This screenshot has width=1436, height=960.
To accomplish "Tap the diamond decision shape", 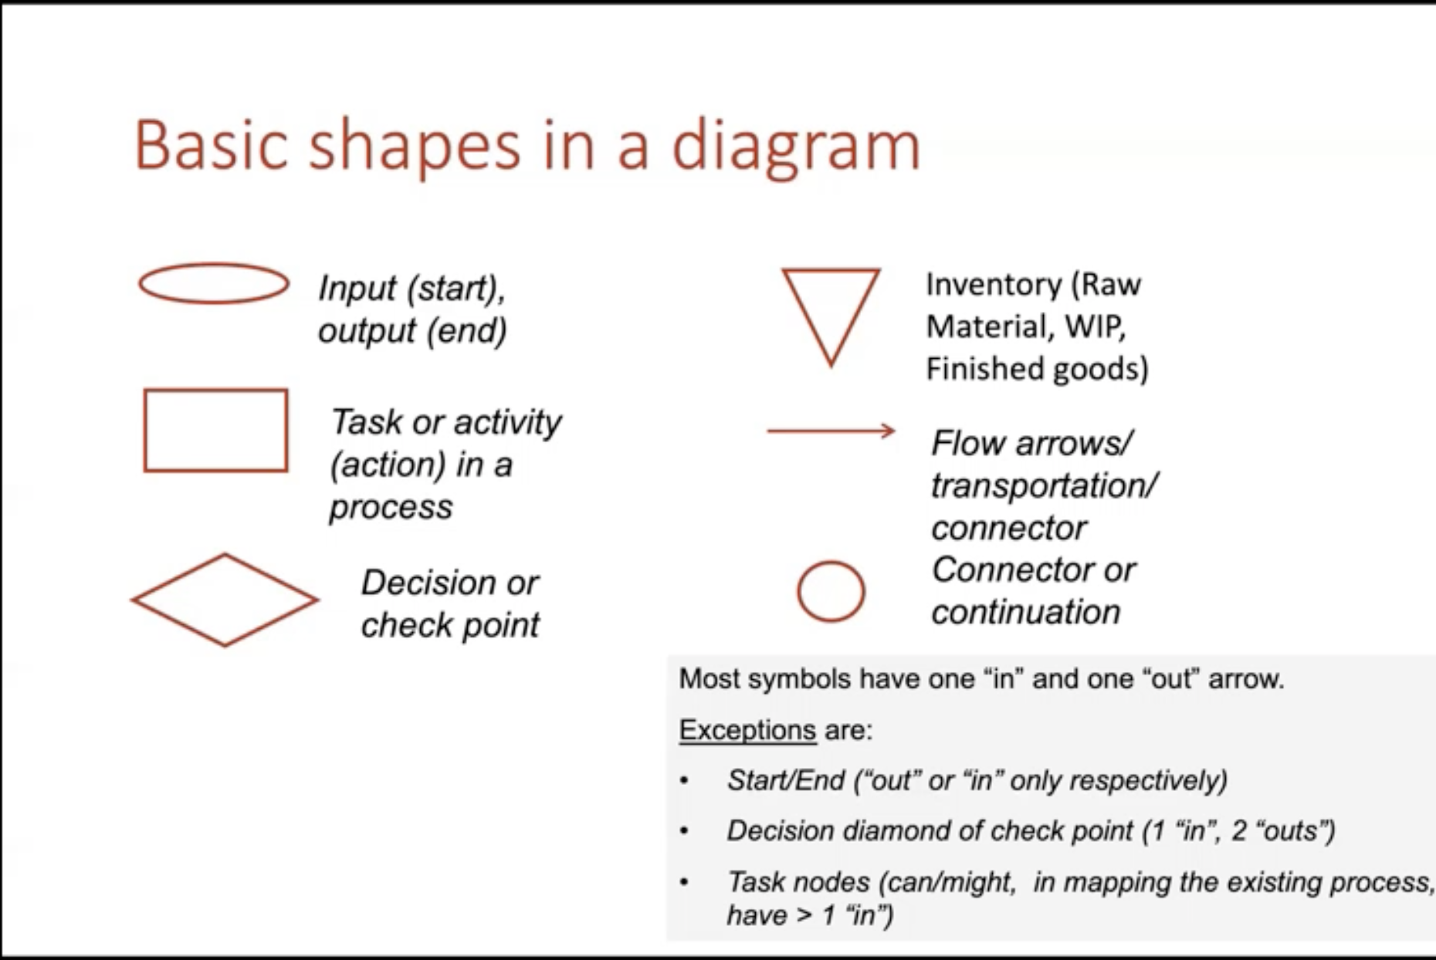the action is [178, 576].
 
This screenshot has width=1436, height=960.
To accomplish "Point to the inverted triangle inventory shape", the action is [807, 316].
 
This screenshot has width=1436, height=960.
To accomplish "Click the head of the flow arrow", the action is [889, 431].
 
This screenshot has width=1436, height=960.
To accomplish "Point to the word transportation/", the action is [1045, 486].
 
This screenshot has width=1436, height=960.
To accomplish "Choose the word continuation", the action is [1025, 612].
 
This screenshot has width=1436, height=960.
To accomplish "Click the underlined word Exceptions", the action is [747, 730].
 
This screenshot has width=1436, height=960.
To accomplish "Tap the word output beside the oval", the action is [367, 331].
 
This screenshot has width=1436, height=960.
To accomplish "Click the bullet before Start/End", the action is [684, 781].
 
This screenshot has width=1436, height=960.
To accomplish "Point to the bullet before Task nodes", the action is [684, 882].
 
